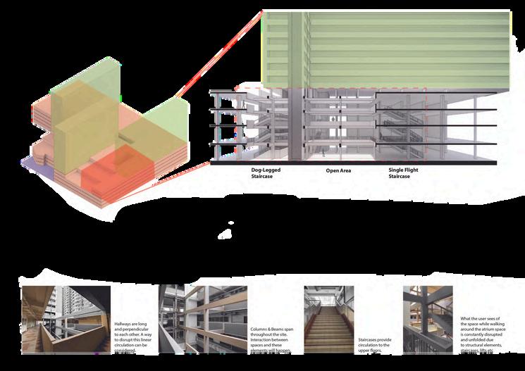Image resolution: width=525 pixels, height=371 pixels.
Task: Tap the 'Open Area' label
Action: pos(338,171)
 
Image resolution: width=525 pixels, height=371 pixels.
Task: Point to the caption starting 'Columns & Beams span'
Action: pos(270,339)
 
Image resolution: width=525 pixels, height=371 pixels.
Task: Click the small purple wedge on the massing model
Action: pos(35,163)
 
